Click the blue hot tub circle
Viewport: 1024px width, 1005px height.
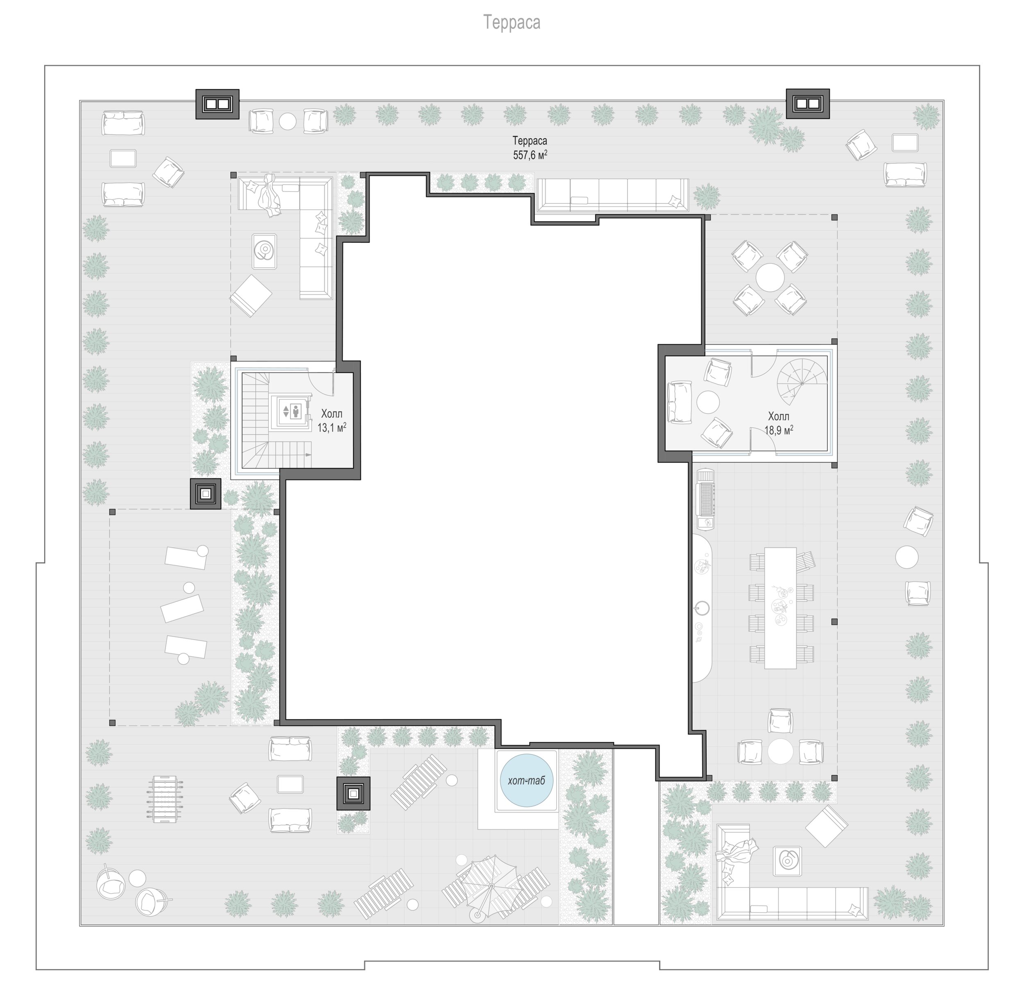(526, 781)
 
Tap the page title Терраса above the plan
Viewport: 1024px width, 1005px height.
(512, 23)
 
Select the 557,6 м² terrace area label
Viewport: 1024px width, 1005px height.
(530, 155)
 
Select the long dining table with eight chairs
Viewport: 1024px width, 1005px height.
(780, 608)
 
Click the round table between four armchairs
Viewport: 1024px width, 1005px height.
(770, 277)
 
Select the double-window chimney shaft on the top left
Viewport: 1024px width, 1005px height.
(217, 104)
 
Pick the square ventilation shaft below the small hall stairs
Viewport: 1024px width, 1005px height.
(206, 494)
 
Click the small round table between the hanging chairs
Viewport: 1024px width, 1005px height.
(137, 877)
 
